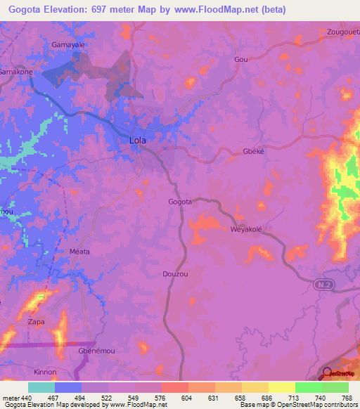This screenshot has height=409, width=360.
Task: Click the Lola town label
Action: click(138, 140)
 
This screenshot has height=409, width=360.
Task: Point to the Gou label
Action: click(241, 60)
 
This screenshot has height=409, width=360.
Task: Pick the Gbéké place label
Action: click(252, 152)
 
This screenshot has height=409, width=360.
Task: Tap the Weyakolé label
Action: click(246, 230)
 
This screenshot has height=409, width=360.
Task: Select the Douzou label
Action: click(174, 273)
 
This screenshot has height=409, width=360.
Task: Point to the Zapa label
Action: click(37, 322)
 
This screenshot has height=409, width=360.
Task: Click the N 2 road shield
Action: click(321, 283)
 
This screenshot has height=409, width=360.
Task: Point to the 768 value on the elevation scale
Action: click(347, 397)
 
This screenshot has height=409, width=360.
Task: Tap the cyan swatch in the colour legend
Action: click(41, 387)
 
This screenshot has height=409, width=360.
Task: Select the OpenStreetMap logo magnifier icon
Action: click(328, 374)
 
